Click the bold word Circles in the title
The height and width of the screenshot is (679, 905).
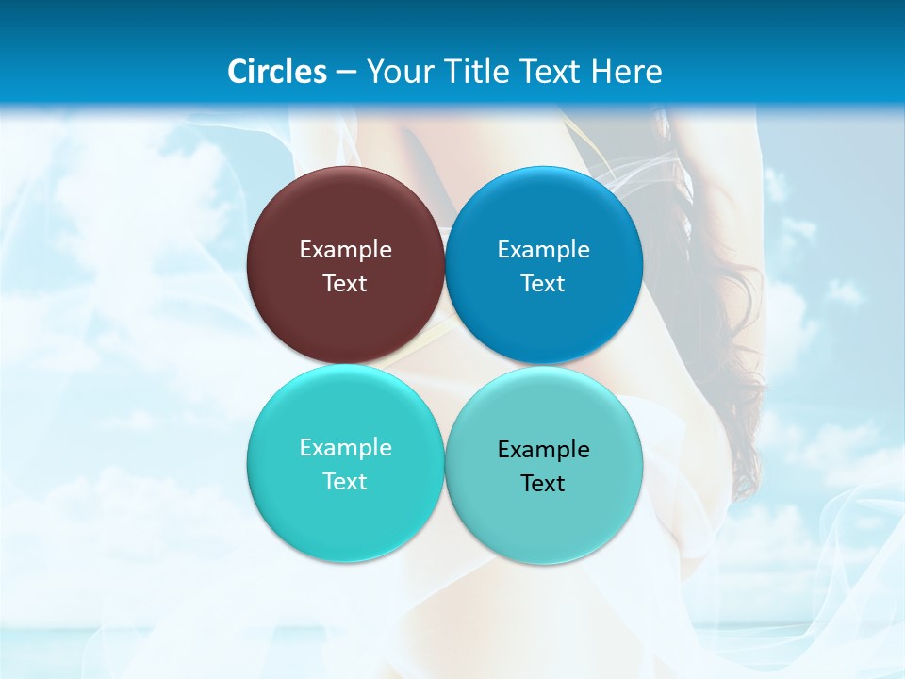coord(277,72)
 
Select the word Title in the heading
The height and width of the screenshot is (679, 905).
coord(477,72)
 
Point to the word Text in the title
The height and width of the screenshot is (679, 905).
coord(551,72)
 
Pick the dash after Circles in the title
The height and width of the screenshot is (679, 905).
coord(346,73)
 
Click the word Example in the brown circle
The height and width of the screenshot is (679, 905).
coord(345,250)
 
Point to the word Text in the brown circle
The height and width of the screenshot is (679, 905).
coord(345,284)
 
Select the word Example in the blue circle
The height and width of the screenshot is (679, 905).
coord(544,250)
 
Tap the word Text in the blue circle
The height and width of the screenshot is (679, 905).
coord(544,284)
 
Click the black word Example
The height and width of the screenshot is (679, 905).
coord(544,450)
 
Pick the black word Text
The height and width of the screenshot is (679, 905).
coord(544,484)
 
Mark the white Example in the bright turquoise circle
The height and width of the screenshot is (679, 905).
coord(345,448)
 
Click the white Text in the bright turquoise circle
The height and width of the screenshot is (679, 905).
coord(345,482)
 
